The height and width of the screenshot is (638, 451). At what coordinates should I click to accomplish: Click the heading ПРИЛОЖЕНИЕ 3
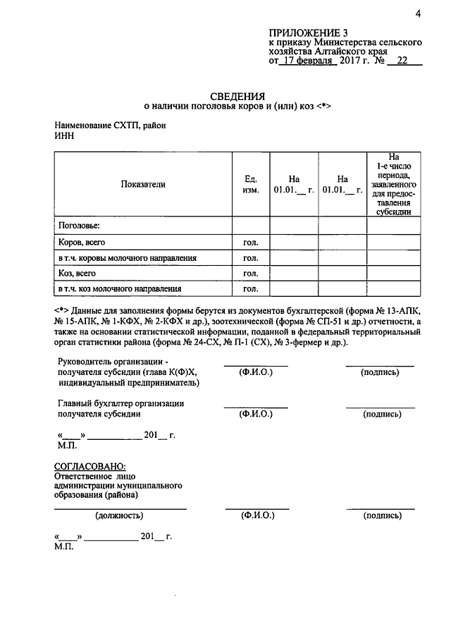(x=308, y=32)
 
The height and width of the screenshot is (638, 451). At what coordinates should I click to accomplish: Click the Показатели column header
(x=143, y=184)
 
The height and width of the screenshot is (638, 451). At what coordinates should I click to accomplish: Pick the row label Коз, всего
(x=77, y=273)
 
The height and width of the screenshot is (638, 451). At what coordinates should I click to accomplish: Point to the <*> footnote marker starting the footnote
(x=61, y=310)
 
